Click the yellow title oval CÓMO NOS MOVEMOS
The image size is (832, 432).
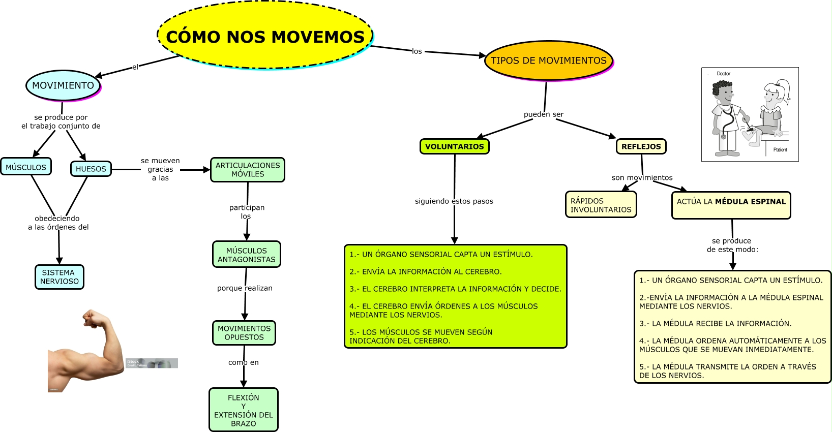click(265, 36)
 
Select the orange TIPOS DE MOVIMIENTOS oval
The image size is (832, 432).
click(548, 60)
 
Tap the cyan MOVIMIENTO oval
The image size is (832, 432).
click(63, 85)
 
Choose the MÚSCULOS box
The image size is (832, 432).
click(26, 167)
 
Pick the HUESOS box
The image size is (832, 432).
click(91, 169)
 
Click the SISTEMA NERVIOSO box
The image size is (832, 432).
click(60, 277)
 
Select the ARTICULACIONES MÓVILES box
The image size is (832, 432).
click(248, 170)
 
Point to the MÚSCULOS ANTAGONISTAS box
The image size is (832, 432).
click(247, 255)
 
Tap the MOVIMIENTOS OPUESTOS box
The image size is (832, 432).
click(244, 333)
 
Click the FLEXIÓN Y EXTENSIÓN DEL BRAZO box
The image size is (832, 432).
click(244, 410)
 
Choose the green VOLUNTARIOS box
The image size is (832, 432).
click(454, 146)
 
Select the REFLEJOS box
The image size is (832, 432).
click(641, 146)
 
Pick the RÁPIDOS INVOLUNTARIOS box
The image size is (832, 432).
click(601, 205)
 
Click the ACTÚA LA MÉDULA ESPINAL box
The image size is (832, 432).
click(731, 205)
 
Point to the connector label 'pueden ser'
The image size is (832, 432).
click(544, 114)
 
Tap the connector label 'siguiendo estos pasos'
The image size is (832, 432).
click(454, 201)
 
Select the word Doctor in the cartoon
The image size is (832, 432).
click(723, 74)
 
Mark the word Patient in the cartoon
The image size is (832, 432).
click(780, 150)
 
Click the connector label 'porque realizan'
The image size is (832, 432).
click(245, 288)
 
